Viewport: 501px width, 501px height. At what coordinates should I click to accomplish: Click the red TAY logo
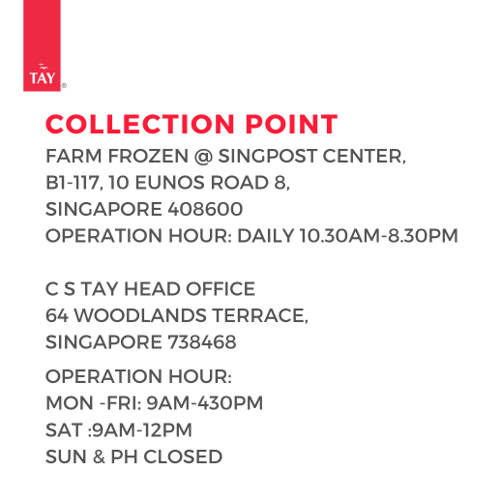point(42,45)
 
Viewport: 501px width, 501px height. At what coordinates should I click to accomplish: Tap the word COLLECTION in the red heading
point(139,124)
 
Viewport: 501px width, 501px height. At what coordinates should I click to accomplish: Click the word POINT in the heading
point(291,124)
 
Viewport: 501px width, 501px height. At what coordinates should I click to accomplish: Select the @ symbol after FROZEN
point(203,157)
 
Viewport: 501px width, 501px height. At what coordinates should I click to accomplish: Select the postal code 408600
point(205,209)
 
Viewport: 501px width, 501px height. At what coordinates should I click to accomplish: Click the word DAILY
point(266,236)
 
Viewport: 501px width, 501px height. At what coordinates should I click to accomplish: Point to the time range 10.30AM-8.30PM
point(379,236)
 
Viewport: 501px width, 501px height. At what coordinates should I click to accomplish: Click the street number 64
point(57,315)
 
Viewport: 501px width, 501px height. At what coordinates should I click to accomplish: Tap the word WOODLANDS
point(140,315)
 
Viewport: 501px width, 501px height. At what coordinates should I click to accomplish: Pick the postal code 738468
point(202,342)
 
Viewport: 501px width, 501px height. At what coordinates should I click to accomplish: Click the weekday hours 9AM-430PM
point(205,403)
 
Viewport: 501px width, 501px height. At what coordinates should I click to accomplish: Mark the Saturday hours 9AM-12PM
point(142,430)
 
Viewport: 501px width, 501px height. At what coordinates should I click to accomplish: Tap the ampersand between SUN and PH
point(99,457)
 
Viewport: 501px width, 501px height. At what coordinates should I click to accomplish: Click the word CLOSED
point(183,457)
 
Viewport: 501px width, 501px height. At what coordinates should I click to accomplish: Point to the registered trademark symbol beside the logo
point(64,86)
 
